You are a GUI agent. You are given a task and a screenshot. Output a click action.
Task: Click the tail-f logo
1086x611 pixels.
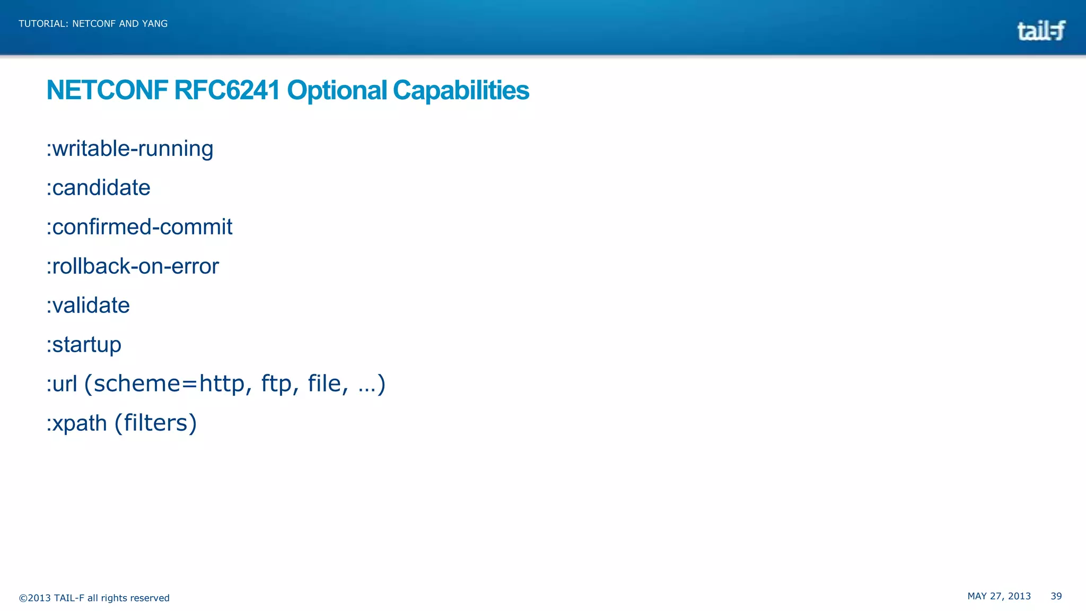(1040, 31)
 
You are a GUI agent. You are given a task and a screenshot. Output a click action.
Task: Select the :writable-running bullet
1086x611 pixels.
(130, 149)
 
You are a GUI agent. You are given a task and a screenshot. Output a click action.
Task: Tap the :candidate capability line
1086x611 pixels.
(99, 188)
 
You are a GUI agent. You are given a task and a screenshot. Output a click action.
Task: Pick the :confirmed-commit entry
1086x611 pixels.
(139, 227)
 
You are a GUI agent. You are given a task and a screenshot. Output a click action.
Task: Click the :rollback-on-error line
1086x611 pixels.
(133, 266)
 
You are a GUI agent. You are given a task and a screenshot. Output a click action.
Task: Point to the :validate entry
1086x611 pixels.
(88, 305)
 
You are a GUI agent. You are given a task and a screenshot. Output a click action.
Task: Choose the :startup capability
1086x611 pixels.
(84, 345)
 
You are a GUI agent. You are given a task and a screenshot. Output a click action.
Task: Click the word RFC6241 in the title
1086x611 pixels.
(226, 90)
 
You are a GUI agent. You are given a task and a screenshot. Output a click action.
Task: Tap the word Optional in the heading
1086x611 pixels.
(337, 90)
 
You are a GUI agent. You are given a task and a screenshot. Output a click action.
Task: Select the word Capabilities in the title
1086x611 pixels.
(461, 90)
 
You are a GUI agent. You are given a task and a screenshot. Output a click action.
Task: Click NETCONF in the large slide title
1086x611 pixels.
(107, 90)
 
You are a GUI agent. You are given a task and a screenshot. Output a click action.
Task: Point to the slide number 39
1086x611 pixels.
(1056, 596)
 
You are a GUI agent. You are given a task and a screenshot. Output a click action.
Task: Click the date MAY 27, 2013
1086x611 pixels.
(999, 596)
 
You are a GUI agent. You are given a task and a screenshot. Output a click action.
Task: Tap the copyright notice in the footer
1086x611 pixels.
(94, 598)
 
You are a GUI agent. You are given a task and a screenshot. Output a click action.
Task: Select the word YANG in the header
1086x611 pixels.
(154, 24)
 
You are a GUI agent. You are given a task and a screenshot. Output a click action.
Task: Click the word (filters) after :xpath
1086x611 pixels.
(156, 423)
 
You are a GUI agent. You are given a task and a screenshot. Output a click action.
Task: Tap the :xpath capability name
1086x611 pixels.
(77, 423)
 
